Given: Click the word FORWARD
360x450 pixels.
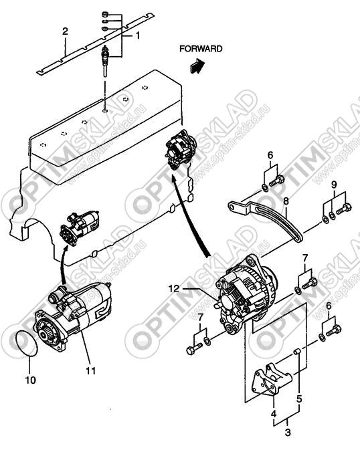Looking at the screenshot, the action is pyautogui.click(x=201, y=49).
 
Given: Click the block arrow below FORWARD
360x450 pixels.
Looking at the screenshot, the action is pyautogui.click(x=197, y=66).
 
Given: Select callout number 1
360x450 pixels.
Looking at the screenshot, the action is pyautogui.click(x=138, y=35).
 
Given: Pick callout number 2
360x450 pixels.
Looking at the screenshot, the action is pyautogui.click(x=65, y=31).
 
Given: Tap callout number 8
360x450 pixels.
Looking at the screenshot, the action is pyautogui.click(x=286, y=201).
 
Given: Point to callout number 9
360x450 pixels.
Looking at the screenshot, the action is pyautogui.click(x=334, y=185).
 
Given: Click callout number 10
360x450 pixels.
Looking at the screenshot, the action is pyautogui.click(x=31, y=380).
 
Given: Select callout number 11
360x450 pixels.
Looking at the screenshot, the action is pyautogui.click(x=90, y=371).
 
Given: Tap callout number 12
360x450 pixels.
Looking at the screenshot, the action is pyautogui.click(x=174, y=288).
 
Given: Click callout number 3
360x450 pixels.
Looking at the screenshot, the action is pyautogui.click(x=288, y=432).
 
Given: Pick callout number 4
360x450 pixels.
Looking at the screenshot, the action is pyautogui.click(x=274, y=413).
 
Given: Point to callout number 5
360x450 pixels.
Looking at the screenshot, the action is pyautogui.click(x=299, y=399).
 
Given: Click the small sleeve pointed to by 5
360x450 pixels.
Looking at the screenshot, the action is pyautogui.click(x=297, y=352).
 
